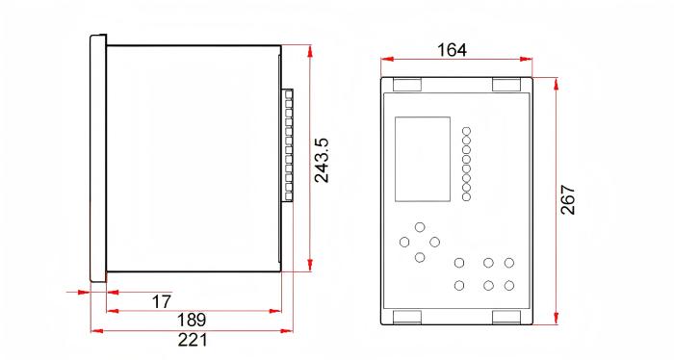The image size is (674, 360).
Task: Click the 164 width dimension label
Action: click(452, 50)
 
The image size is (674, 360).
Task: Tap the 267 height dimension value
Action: click(568, 200)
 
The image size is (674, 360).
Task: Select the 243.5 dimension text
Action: click(321, 160)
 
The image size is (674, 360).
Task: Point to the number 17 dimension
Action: click(162, 301)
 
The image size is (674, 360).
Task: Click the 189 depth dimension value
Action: click(192, 320)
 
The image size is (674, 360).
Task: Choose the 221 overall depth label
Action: click(193, 340)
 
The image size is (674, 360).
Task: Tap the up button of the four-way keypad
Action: click(420, 227)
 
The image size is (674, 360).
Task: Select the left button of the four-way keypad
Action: click(404, 242)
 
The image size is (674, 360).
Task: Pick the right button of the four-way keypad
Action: click(434, 242)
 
